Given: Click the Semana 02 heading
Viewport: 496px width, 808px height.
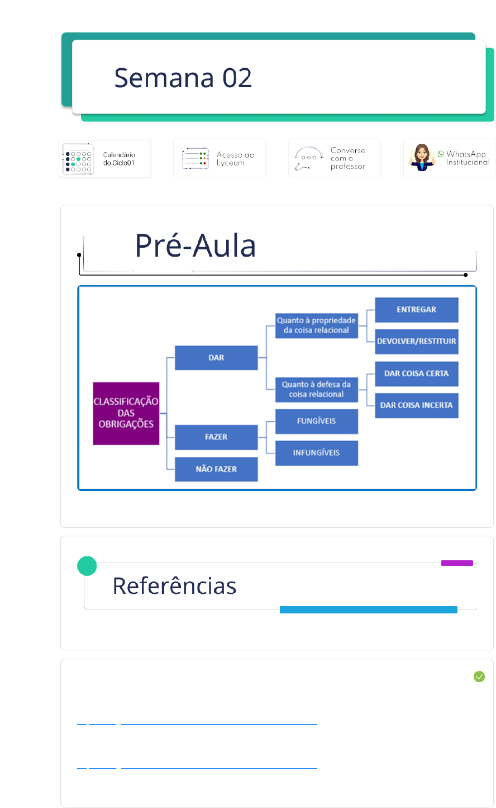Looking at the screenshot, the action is tap(183, 78).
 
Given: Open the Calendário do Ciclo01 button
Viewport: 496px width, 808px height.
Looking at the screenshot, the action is tap(105, 159).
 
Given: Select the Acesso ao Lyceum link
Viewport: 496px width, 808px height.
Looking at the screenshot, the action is tap(220, 158).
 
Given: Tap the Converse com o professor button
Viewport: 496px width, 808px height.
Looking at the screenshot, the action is tap(334, 158).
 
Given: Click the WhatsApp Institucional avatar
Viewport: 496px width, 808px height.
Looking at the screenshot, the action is tap(422, 158).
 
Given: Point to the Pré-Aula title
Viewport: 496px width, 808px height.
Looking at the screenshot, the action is tap(195, 245).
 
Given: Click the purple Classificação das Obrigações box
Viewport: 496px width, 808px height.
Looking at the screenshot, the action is tap(126, 413).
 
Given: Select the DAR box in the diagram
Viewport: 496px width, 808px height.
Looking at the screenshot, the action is tap(216, 358).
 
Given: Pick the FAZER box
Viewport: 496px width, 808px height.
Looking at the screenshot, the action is tap(216, 437).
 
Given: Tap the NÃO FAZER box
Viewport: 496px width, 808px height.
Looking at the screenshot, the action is tap(216, 469).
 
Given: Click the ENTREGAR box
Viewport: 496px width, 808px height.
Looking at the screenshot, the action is tap(416, 310).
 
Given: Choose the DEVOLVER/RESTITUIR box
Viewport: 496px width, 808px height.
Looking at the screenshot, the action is tap(416, 341).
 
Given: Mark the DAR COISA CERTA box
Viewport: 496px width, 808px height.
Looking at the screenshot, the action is tap(416, 374).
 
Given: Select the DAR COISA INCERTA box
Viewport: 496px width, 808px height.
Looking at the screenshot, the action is tap(416, 405).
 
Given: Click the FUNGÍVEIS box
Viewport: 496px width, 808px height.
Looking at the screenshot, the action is tap(317, 421).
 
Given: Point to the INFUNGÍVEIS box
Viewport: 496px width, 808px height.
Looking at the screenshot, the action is tap(317, 453).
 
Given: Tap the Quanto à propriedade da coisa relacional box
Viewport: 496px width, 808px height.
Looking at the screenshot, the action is tap(317, 326).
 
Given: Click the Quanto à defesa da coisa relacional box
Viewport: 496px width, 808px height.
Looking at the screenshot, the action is tap(317, 390).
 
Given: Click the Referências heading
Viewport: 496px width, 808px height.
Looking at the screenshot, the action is tap(175, 586).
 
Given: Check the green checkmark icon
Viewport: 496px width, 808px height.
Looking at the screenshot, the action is tap(479, 677).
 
